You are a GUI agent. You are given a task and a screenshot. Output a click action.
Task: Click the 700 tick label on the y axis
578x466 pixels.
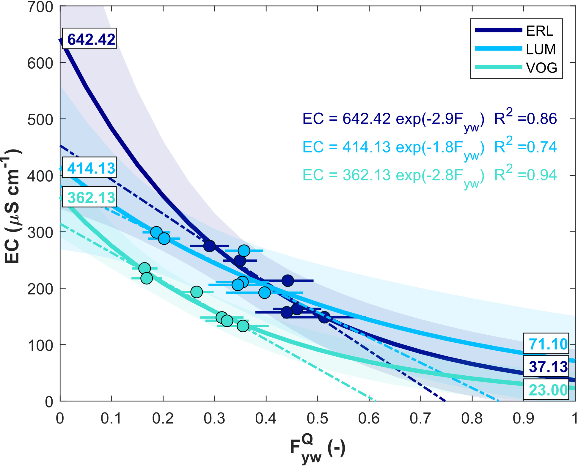(x=40, y=7)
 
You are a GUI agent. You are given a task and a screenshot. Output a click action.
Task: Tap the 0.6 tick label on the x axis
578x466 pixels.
(x=369, y=418)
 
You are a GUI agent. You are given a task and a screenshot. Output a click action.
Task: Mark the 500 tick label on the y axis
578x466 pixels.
(x=40, y=119)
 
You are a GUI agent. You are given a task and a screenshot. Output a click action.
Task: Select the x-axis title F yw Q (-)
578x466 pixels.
(x=318, y=449)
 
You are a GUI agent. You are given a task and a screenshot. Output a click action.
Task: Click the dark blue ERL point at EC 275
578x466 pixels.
(x=209, y=246)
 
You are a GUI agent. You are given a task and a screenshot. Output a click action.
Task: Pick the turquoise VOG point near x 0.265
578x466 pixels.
(x=197, y=292)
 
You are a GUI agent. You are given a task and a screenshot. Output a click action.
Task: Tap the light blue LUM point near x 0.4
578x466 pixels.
(x=265, y=292)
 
